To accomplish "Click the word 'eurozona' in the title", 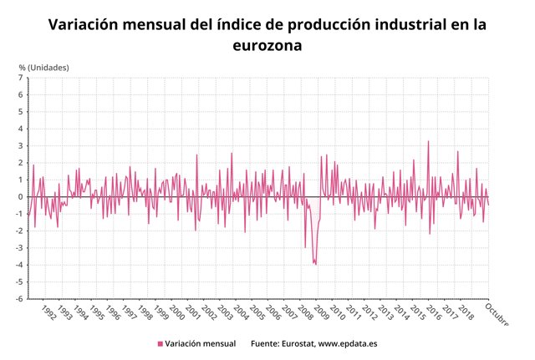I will (267, 47).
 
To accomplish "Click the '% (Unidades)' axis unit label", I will (46, 67).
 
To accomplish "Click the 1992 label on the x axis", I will (49, 313).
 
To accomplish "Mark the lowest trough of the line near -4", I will (315, 265).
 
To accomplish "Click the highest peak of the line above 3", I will (429, 141).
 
